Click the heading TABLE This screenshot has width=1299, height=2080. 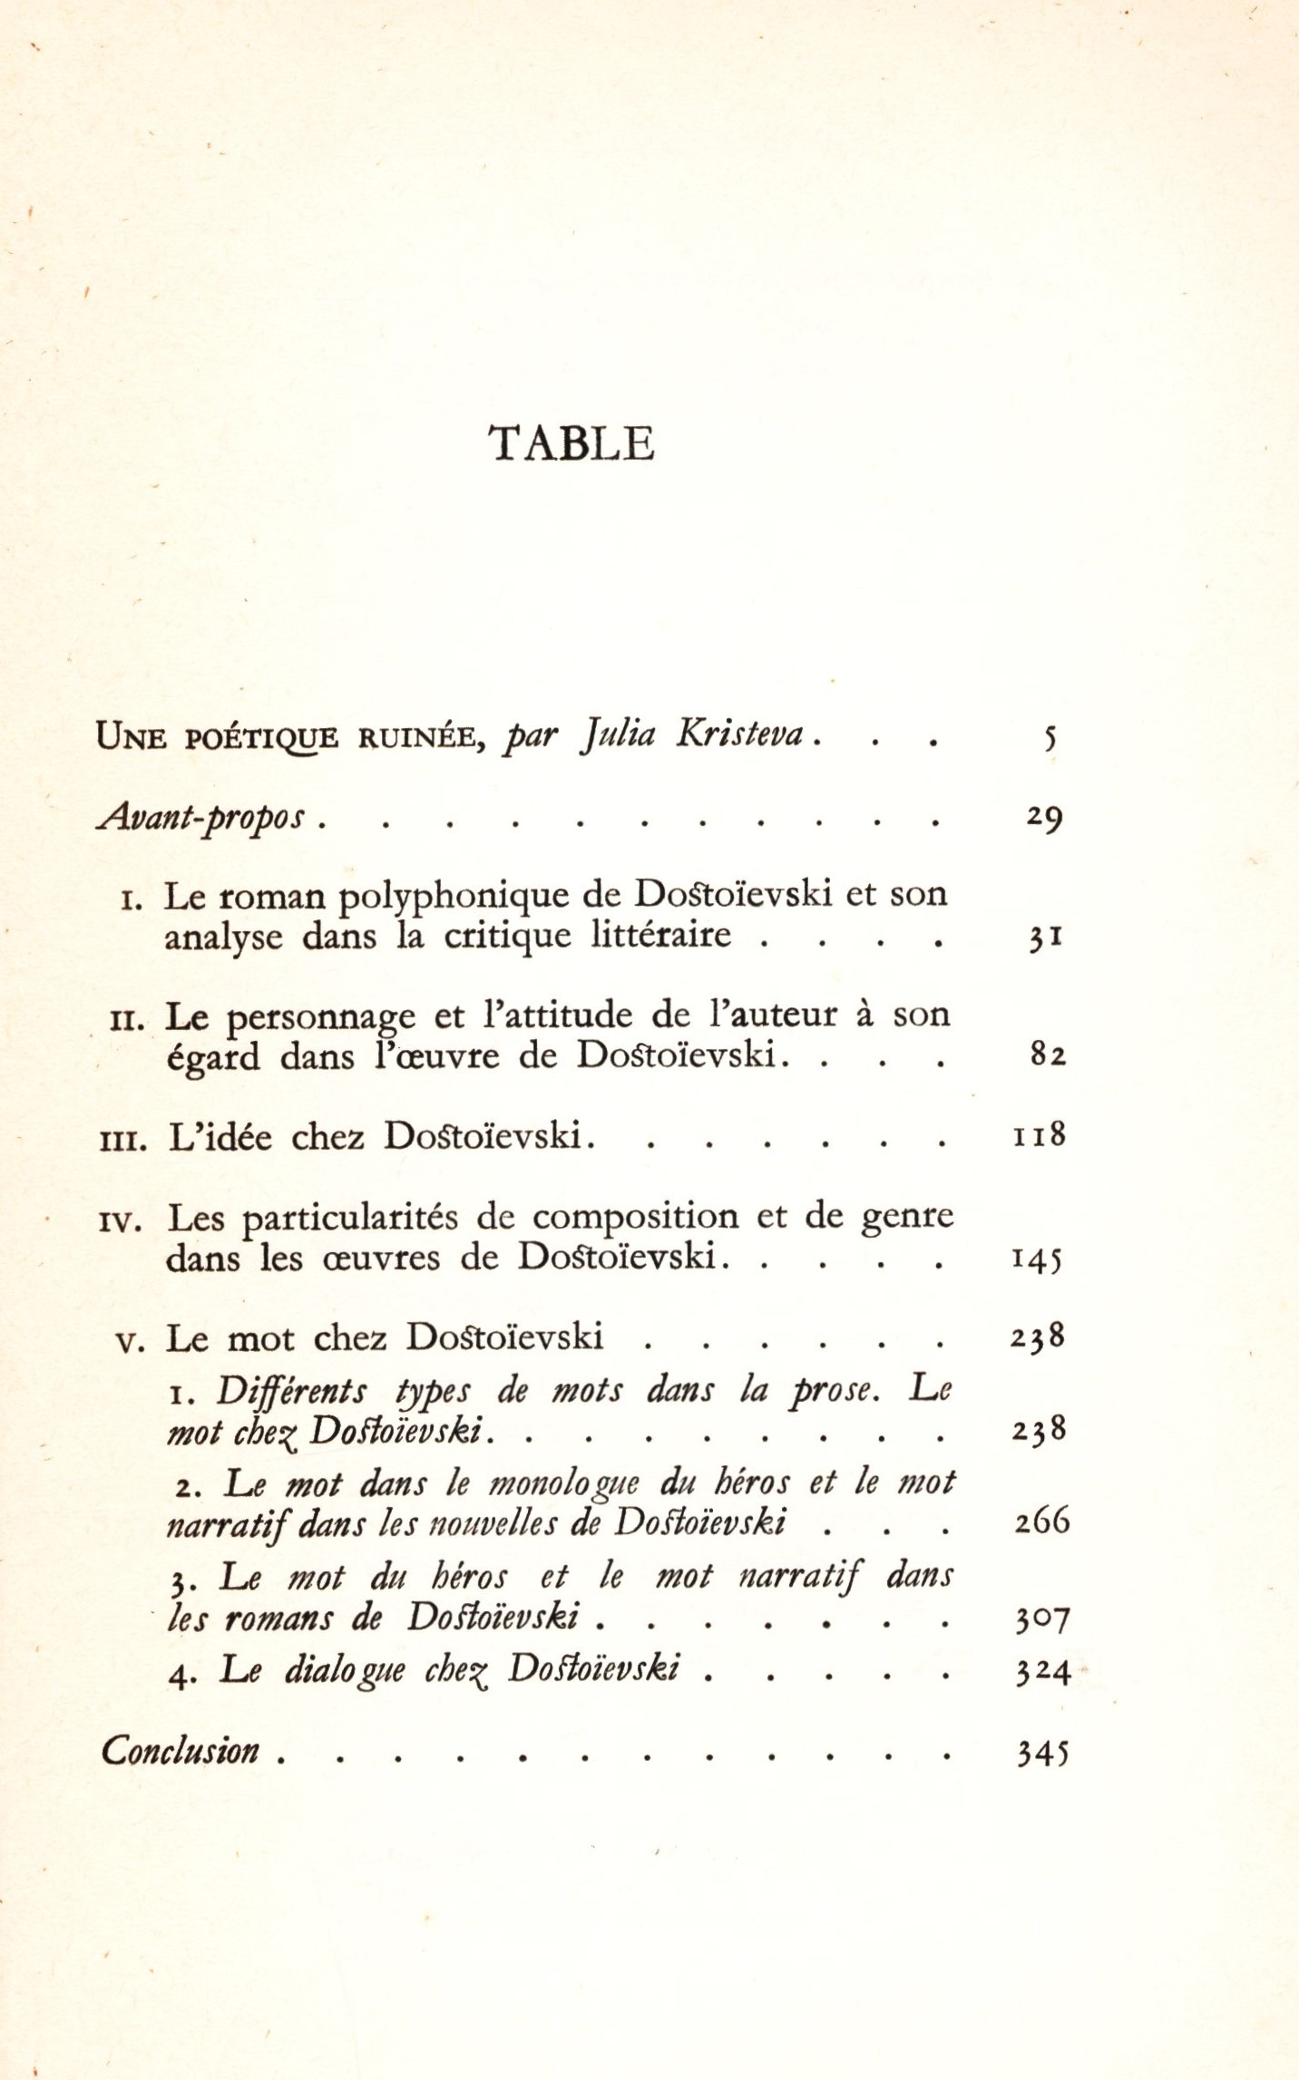[571, 444]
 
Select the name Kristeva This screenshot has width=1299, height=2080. [739, 734]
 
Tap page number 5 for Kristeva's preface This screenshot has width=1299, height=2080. [1050, 738]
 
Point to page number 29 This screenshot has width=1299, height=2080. [1044, 818]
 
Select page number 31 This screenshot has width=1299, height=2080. [1045, 938]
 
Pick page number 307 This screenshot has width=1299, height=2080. [1043, 1618]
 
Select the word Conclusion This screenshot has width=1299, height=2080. [181, 1751]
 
